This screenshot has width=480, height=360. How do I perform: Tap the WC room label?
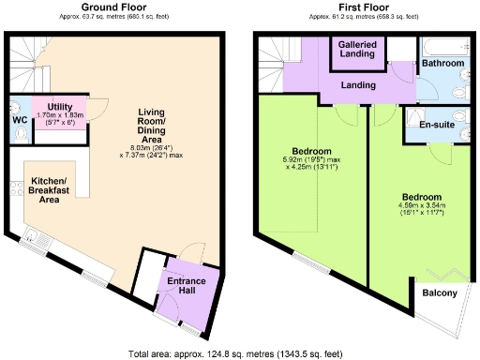(x=19, y=119)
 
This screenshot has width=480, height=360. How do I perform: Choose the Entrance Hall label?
(x=192, y=287)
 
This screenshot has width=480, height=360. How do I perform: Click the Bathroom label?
(x=442, y=63)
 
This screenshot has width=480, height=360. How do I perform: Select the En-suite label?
(x=437, y=123)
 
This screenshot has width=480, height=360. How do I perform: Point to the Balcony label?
(x=440, y=293)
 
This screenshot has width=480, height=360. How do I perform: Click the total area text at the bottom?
(x=240, y=353)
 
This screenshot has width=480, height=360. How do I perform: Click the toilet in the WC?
(x=20, y=134)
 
